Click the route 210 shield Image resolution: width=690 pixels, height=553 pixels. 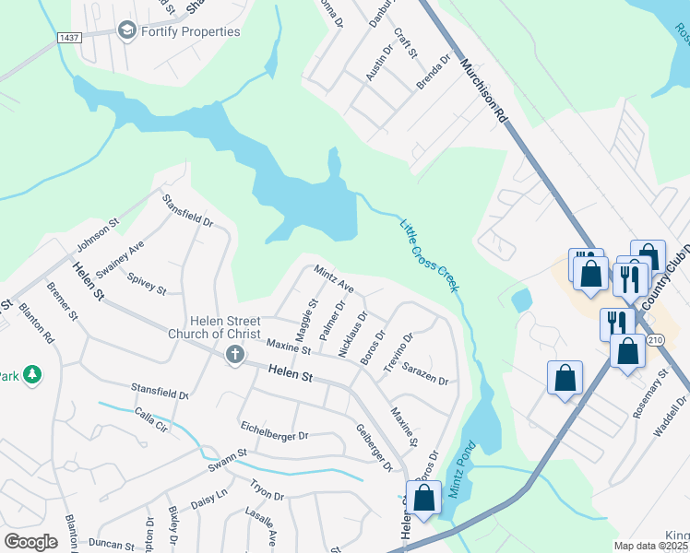click(655, 340)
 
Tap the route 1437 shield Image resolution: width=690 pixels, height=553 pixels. click(67, 37)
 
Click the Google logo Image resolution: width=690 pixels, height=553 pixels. click(30, 542)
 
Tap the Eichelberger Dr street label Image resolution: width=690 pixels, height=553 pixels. click(274, 433)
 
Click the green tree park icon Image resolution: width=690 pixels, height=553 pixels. click(33, 374)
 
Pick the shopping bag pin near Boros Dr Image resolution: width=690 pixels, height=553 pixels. click(423, 498)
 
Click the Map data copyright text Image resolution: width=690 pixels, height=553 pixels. click(651, 546)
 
